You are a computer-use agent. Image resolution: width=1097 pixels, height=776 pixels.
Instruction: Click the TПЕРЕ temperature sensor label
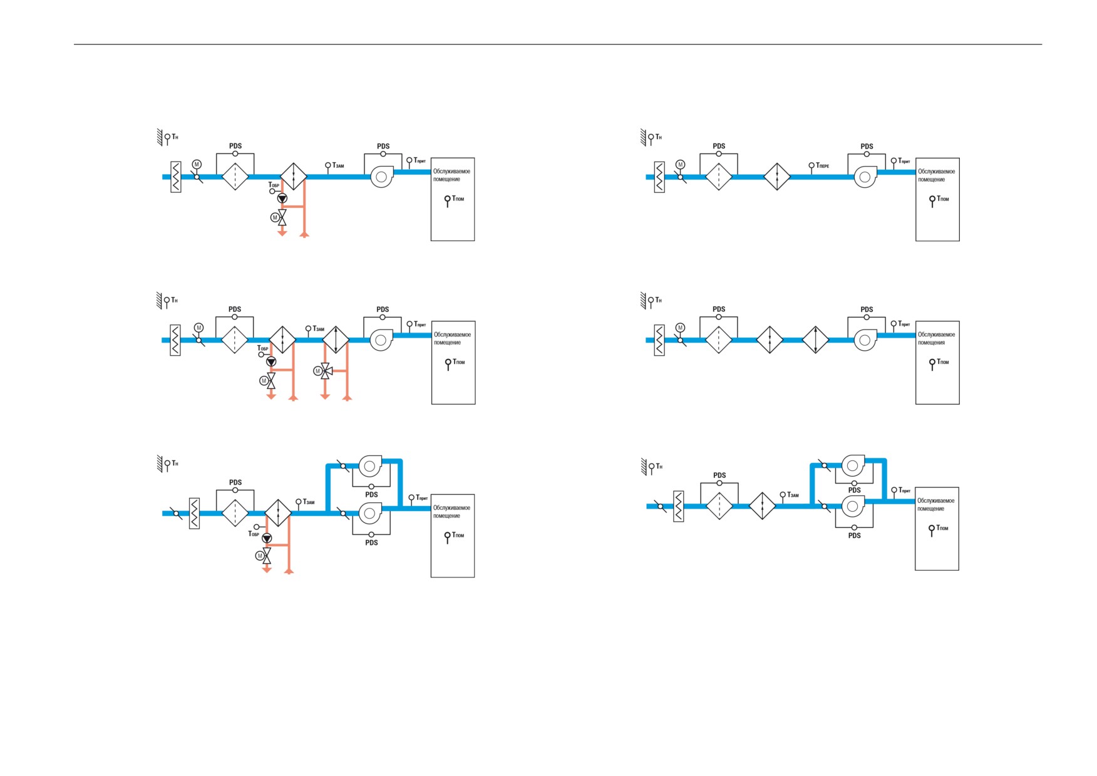(823, 165)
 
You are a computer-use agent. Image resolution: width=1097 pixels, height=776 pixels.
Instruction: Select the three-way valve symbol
(326, 370)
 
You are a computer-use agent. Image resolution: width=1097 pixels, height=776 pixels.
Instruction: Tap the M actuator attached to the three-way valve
(317, 371)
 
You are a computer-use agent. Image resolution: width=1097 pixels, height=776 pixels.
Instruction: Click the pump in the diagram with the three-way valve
(271, 361)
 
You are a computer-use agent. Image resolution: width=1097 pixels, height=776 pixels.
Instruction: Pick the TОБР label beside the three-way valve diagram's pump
(262, 348)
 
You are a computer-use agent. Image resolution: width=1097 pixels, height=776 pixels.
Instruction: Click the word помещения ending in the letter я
(932, 343)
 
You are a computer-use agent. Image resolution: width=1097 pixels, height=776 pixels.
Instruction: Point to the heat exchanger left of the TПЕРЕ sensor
(777, 177)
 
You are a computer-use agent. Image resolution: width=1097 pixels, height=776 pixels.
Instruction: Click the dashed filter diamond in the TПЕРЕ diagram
(719, 177)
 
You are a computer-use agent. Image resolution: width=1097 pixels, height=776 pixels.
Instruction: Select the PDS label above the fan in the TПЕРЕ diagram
(867, 147)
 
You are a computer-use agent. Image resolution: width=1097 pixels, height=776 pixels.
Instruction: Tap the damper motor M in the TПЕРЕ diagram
(681, 165)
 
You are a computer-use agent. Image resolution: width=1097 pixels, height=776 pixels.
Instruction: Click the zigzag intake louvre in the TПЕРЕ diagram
(659, 177)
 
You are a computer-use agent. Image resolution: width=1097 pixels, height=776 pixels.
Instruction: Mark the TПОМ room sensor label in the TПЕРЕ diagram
(943, 199)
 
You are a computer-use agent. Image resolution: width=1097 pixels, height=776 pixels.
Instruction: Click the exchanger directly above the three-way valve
(336, 340)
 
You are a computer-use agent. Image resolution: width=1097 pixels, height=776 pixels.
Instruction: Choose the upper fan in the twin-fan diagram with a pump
(369, 466)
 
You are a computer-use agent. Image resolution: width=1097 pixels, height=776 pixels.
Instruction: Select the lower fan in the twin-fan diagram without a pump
(853, 506)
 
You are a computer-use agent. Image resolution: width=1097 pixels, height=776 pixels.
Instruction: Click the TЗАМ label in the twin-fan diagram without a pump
(793, 495)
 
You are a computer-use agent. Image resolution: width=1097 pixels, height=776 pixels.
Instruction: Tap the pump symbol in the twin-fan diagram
(267, 538)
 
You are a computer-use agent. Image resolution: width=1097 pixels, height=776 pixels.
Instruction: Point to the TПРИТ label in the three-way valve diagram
(420, 324)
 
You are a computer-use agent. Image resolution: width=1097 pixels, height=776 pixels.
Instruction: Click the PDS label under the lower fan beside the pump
(371, 542)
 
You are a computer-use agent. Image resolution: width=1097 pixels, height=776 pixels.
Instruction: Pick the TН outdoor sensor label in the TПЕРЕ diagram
(659, 137)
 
